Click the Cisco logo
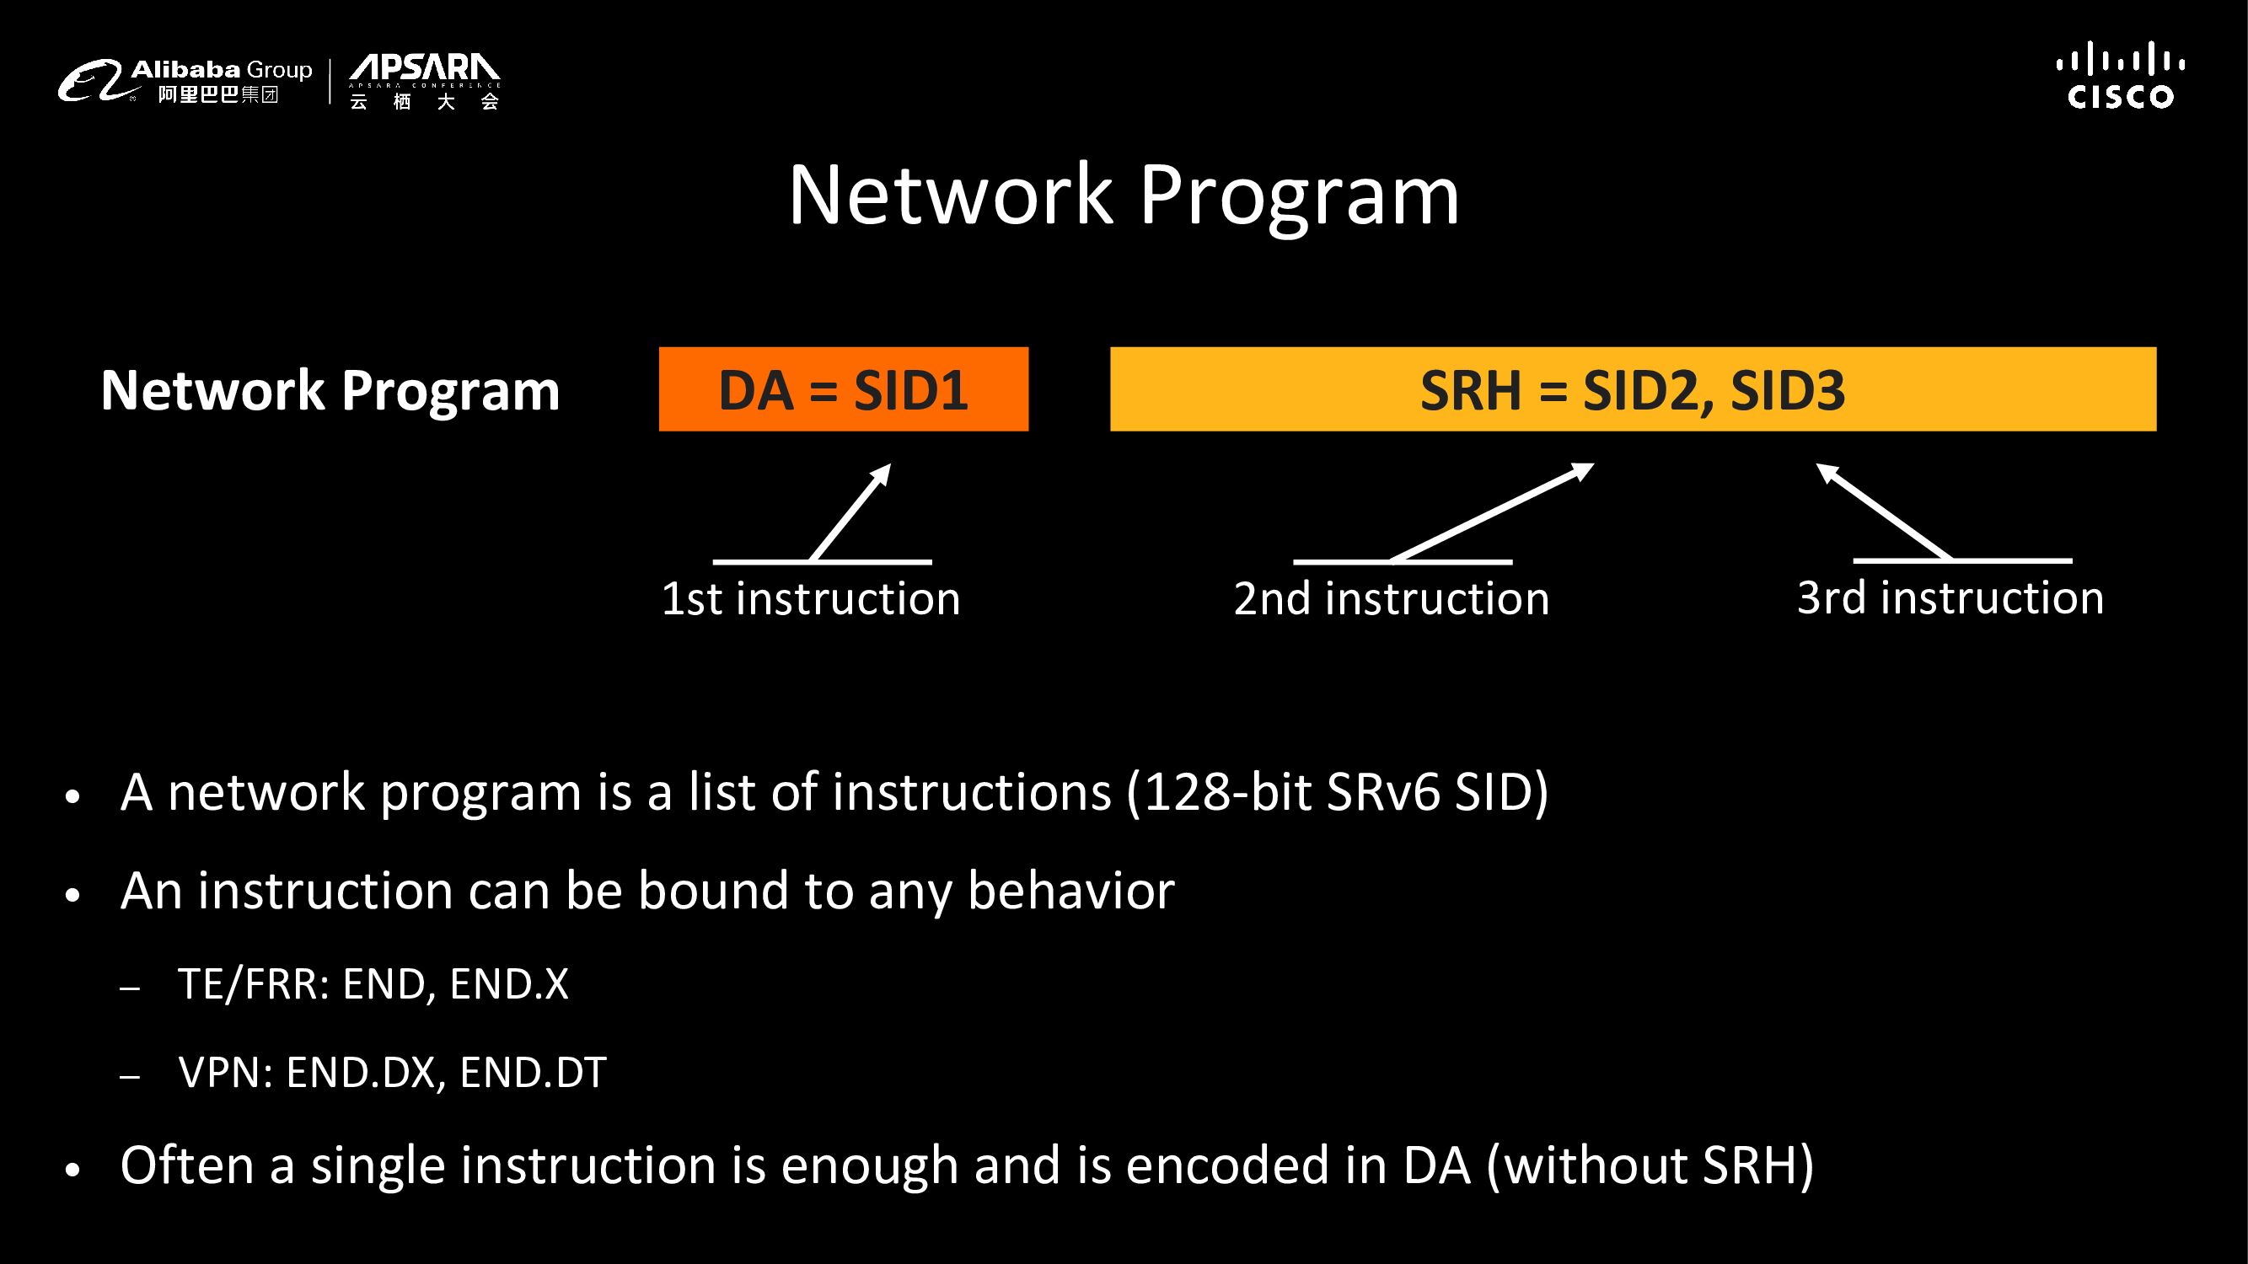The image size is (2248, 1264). pyautogui.click(x=2120, y=77)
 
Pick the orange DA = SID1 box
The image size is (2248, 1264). pyautogui.click(x=843, y=389)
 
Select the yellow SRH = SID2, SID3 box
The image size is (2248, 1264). pyautogui.click(x=1632, y=389)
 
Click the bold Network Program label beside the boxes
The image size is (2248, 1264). pyautogui.click(x=330, y=390)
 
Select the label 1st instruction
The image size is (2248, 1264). pyautogui.click(x=811, y=598)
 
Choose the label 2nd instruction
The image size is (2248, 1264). pyautogui.click(x=1391, y=598)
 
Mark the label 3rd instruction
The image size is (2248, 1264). pyautogui.click(x=1950, y=597)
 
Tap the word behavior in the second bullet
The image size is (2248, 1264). pyautogui.click(x=1070, y=891)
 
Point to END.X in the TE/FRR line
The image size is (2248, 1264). pyautogui.click(x=509, y=984)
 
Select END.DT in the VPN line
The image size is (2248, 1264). pyautogui.click(x=533, y=1072)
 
